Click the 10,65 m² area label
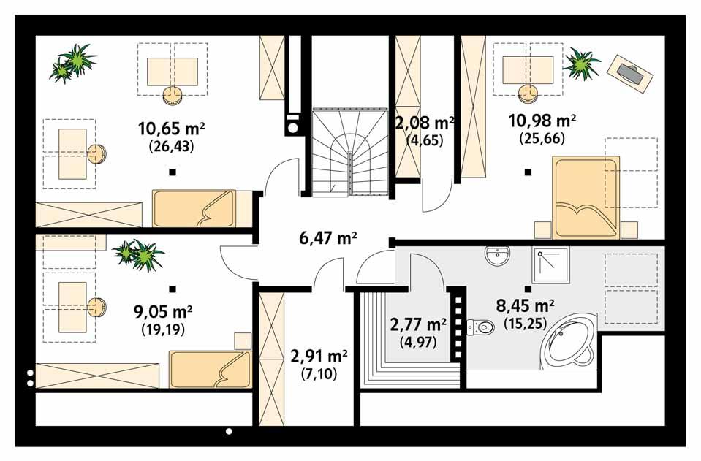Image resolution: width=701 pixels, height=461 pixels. [171, 129]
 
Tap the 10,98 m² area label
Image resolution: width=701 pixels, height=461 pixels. [542, 120]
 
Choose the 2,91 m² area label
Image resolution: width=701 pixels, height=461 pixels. [319, 357]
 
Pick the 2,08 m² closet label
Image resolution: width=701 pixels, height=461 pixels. [425, 121]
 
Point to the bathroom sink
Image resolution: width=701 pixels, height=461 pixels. [499, 256]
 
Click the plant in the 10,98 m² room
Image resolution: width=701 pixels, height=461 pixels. [582, 64]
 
